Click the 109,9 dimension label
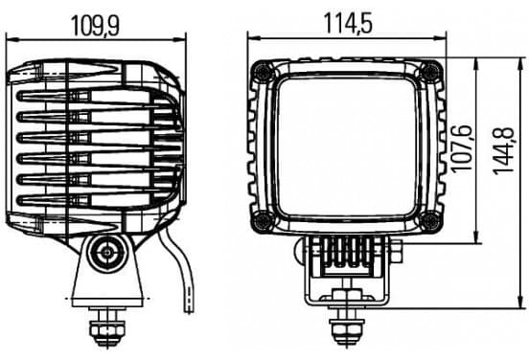coord(96,26)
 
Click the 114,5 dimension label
coord(348,23)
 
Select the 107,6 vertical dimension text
coord(461,148)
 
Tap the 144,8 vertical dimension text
coord(504,151)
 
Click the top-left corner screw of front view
coord(263,72)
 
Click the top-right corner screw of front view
coord(429,72)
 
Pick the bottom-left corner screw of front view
coord(263,221)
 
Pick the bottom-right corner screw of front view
coord(429,221)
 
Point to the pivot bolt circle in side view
coord(107,253)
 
